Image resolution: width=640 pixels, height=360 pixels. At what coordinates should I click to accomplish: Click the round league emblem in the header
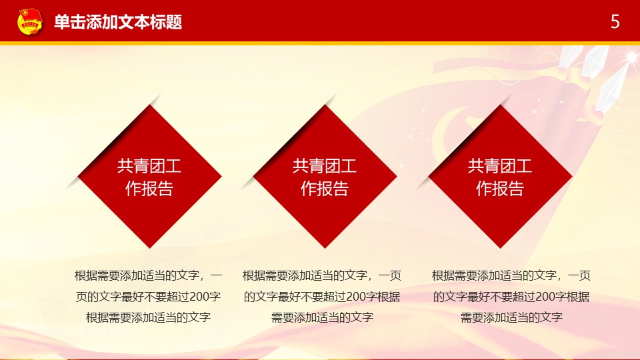click(x=30, y=21)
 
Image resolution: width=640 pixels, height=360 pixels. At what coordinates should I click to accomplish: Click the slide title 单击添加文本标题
click(x=118, y=22)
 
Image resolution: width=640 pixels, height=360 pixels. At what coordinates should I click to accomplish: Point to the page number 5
click(x=615, y=21)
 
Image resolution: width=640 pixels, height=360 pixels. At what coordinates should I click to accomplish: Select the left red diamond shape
click(x=149, y=176)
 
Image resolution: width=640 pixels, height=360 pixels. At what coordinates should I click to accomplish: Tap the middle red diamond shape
click(x=325, y=176)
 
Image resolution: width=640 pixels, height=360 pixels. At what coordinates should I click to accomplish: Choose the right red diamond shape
click(x=500, y=176)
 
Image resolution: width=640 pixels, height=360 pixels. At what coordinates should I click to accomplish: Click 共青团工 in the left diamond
click(x=149, y=166)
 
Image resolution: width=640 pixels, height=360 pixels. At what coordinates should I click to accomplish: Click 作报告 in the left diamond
click(x=149, y=189)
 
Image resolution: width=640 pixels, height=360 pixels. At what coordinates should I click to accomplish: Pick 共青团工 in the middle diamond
click(x=325, y=166)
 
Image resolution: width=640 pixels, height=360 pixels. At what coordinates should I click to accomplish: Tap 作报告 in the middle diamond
click(x=325, y=189)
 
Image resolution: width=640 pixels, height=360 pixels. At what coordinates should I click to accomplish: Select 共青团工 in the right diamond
click(x=500, y=166)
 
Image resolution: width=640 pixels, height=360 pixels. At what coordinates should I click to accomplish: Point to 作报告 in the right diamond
click(x=500, y=189)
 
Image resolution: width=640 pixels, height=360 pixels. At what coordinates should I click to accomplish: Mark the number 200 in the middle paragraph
click(x=356, y=297)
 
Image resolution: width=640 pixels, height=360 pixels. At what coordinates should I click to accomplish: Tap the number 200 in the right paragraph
click(x=545, y=297)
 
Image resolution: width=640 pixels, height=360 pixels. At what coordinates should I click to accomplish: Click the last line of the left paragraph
click(x=149, y=317)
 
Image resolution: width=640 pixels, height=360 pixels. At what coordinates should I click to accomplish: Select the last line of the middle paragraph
click(x=323, y=317)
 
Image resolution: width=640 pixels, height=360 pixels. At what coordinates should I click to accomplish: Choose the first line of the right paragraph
click(x=511, y=276)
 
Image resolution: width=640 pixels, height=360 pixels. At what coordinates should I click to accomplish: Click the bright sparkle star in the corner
click(x=631, y=57)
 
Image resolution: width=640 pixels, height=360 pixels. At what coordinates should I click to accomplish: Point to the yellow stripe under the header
click(x=320, y=43)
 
